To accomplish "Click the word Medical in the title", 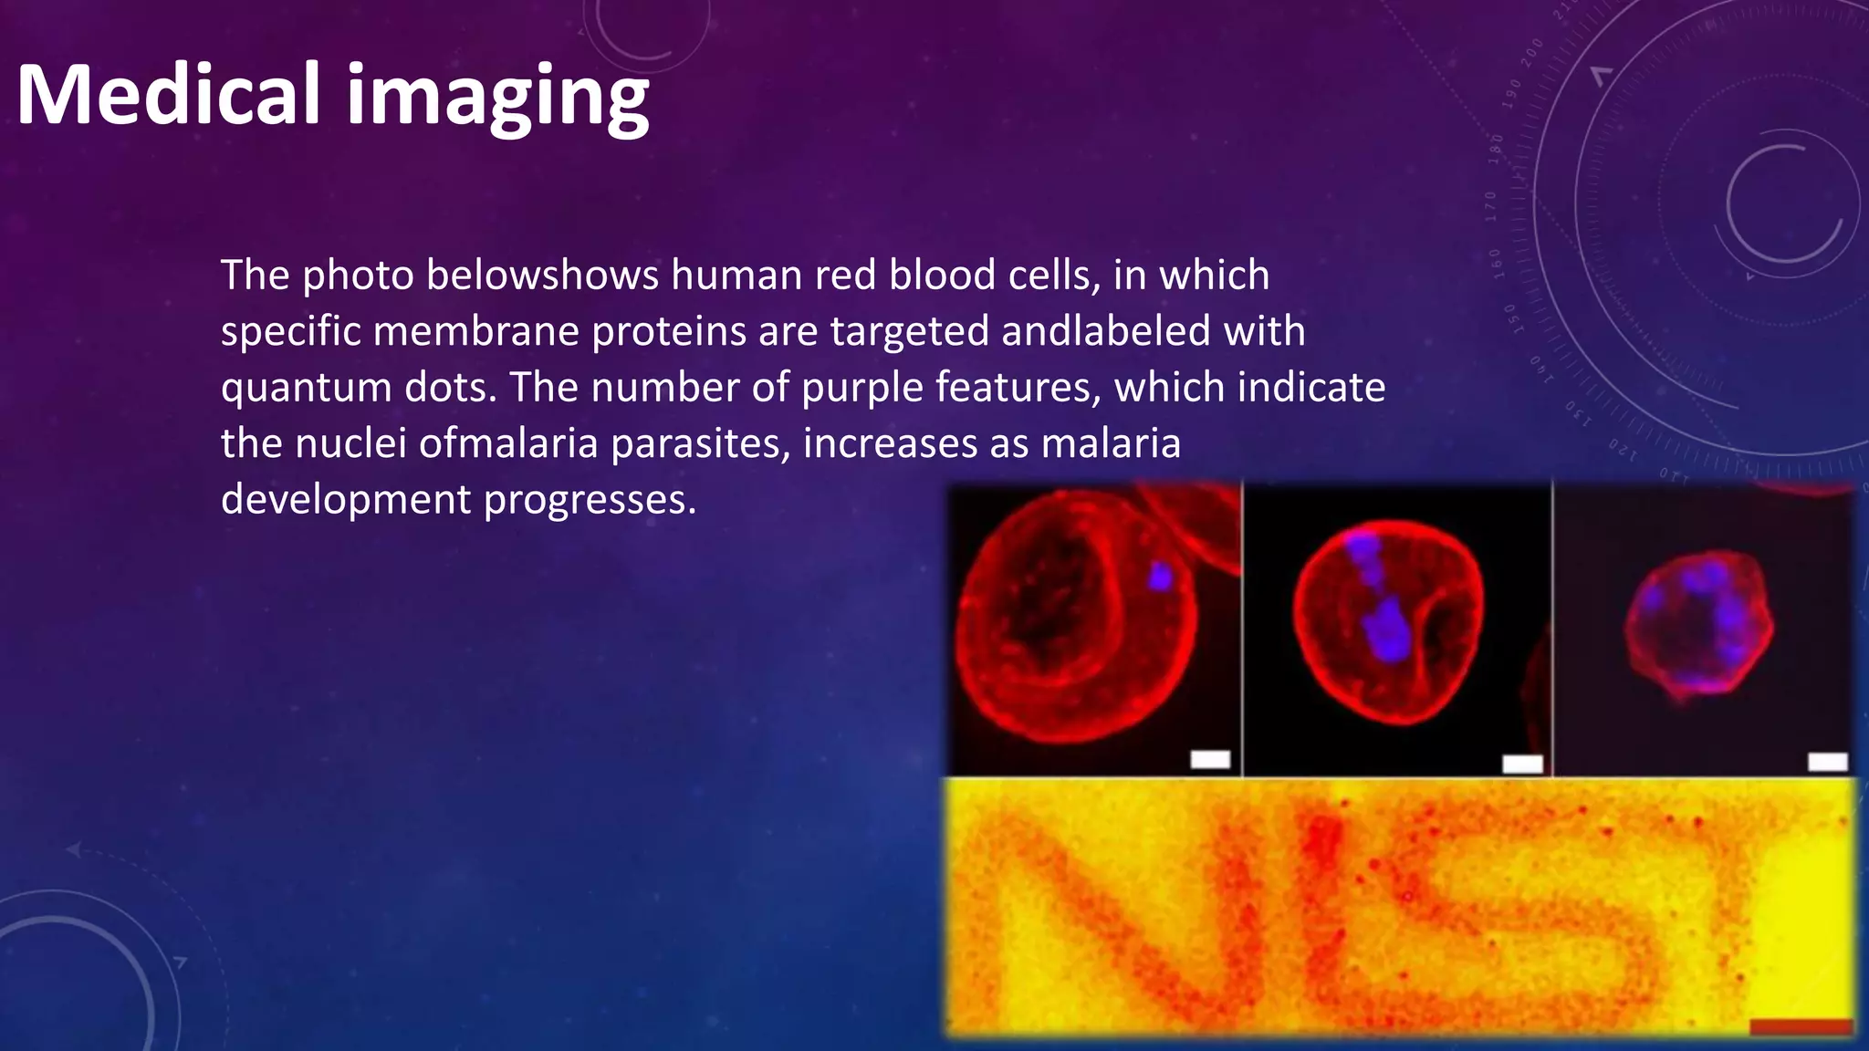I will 169,95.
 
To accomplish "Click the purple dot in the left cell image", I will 1160,576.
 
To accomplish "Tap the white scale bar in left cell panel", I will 1210,759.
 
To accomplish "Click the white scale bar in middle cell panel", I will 1522,764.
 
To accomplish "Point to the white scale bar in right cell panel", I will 1827,761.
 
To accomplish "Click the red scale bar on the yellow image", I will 1800,1027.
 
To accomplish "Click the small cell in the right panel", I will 1699,626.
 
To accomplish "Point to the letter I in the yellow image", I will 1321,903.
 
